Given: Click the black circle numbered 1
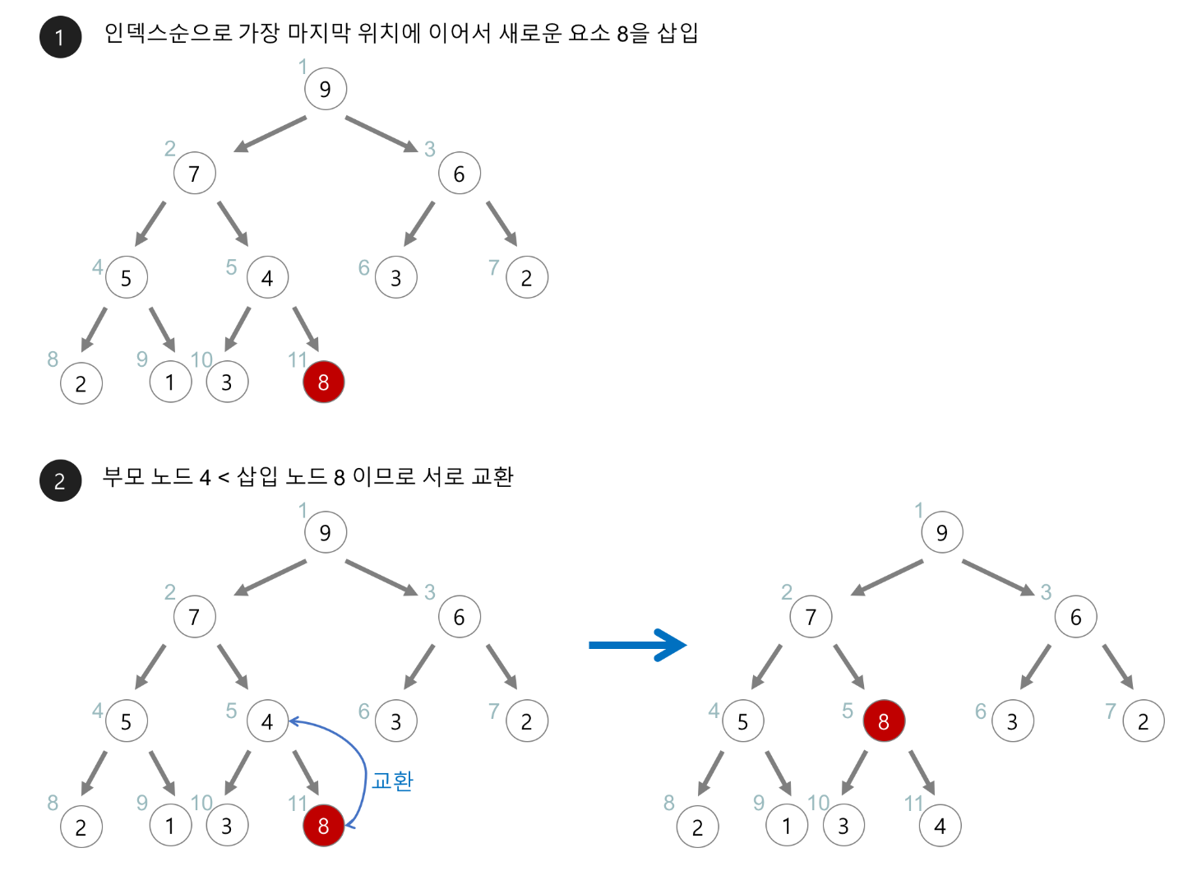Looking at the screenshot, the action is click(x=60, y=37).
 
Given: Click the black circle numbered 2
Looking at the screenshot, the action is click(x=60, y=480).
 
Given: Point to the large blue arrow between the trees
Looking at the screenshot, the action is click(x=637, y=645).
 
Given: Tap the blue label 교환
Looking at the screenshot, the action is click(x=392, y=781).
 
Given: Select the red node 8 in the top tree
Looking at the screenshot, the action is click(x=323, y=382).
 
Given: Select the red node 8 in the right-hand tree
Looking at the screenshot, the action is click(x=883, y=721).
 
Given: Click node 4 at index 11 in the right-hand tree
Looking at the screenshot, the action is click(x=940, y=826).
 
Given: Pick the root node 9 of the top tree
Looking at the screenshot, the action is click(x=325, y=89).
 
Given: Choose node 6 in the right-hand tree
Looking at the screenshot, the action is click(x=1075, y=617).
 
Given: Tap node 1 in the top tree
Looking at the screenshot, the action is click(x=170, y=382).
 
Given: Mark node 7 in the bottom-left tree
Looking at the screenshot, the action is click(x=194, y=617).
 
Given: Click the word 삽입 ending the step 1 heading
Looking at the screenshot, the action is click(x=677, y=33).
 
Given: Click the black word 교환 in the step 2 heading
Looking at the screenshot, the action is click(x=492, y=476).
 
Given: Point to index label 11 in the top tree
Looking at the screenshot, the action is click(x=297, y=359).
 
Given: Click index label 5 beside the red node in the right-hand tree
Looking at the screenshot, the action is click(x=847, y=711).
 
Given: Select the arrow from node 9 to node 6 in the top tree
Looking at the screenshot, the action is click(x=381, y=133).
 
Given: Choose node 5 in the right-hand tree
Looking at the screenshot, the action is click(x=742, y=721).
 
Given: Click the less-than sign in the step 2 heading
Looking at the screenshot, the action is click(x=223, y=478).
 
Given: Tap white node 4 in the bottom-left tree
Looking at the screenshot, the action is click(x=267, y=721).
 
